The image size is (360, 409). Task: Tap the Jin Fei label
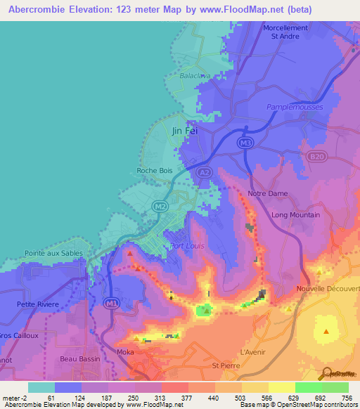coord(185,131)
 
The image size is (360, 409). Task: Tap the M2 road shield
coord(160,205)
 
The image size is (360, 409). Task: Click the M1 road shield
coord(110,303)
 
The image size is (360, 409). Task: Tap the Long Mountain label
coord(295,215)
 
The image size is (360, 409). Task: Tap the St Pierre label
coord(226,366)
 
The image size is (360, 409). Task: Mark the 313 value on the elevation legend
coord(159,398)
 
